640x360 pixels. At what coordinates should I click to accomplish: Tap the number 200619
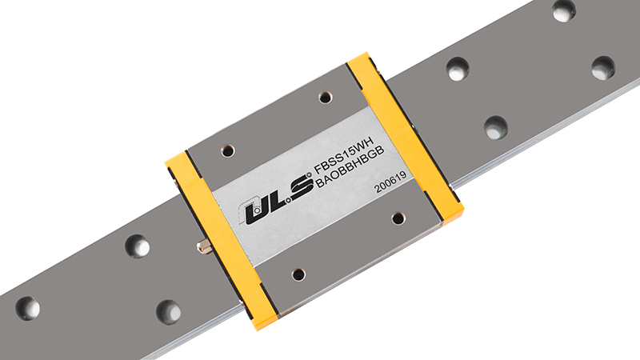[x=390, y=182]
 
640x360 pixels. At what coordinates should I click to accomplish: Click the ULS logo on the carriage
[x=276, y=199]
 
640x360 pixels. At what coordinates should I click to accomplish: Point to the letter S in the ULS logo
[x=300, y=188]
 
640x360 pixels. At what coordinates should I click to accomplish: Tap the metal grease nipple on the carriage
[x=205, y=247]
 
